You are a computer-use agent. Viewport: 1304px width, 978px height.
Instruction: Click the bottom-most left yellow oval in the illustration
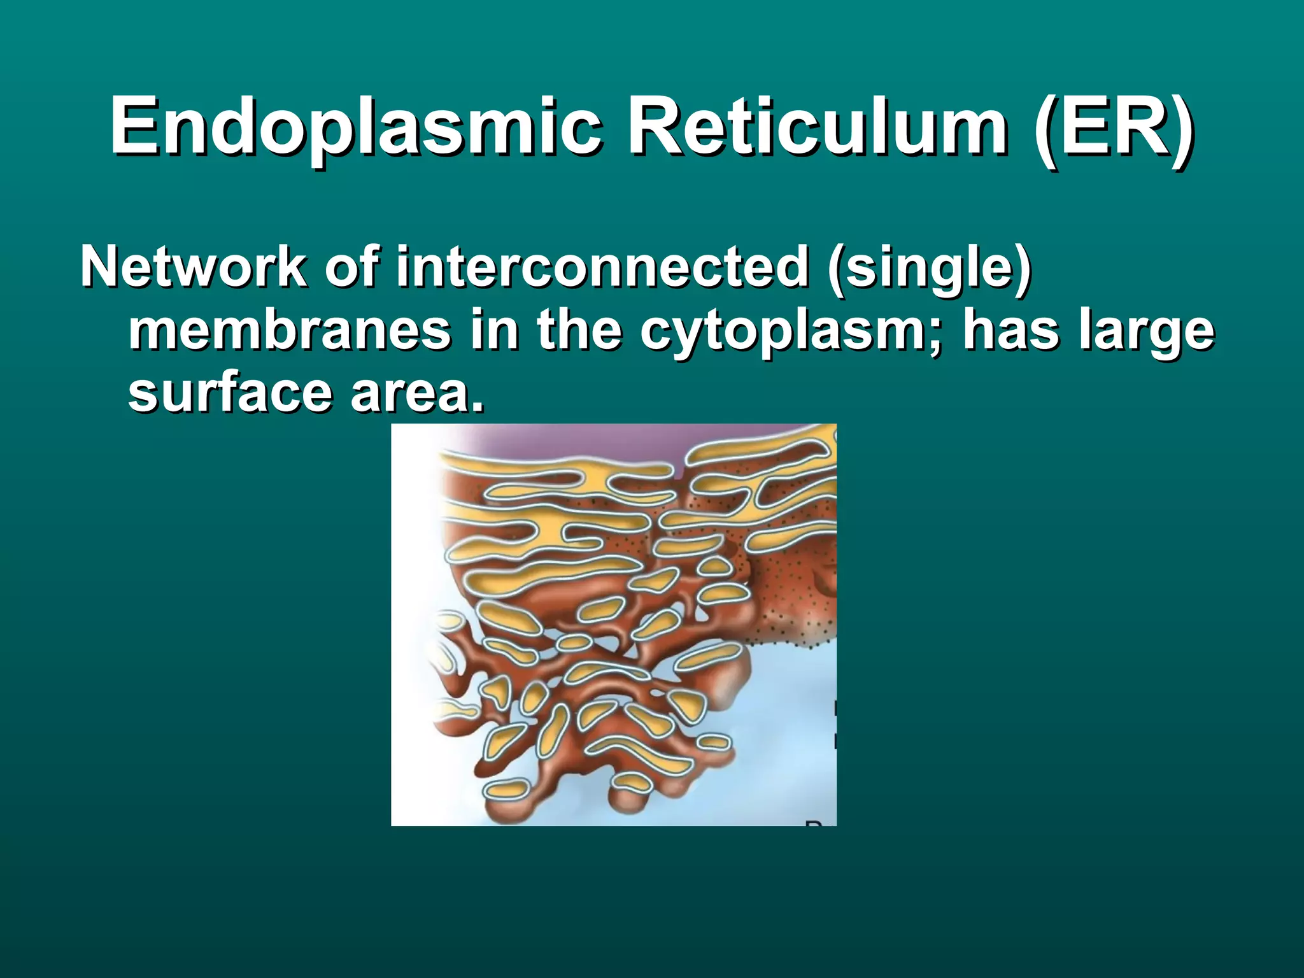coord(506,790)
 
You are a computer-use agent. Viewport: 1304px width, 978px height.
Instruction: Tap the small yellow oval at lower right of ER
coord(713,742)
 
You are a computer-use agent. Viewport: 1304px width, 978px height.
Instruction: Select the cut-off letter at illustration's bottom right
coord(813,823)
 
